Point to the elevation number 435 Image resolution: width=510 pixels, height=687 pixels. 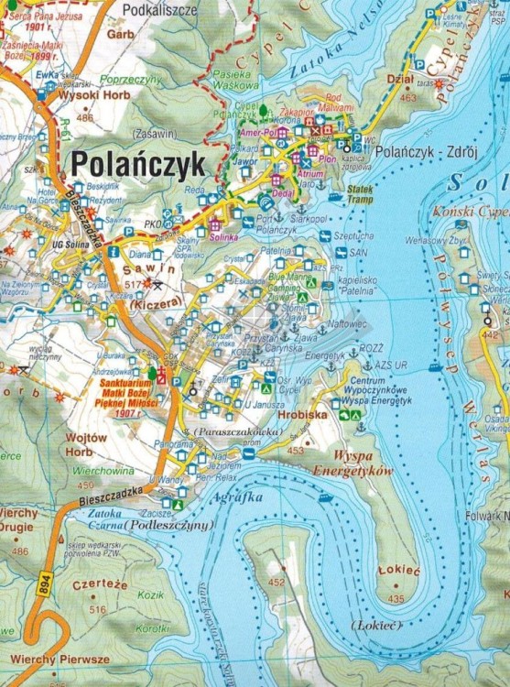(396, 599)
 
